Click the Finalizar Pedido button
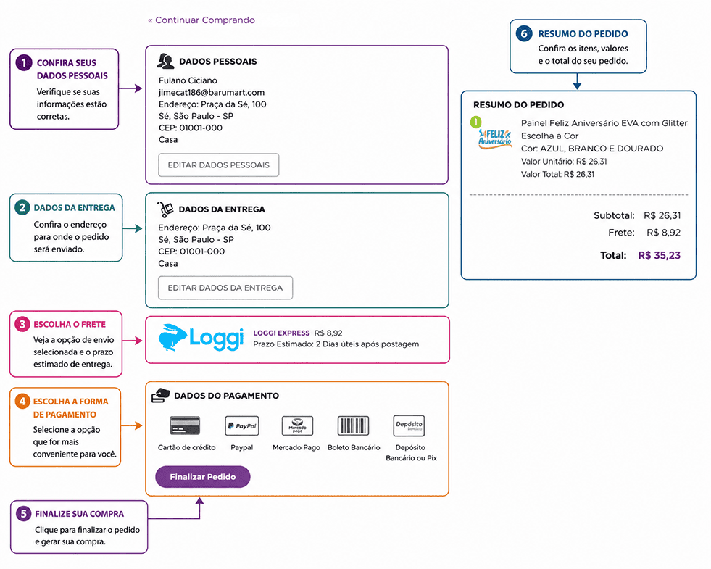[x=203, y=477]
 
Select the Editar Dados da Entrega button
[x=225, y=288]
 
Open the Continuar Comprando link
[x=201, y=20]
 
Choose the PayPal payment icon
[x=241, y=425]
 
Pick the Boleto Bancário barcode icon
[x=353, y=425]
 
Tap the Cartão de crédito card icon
[x=185, y=425]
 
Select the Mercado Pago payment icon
[x=297, y=425]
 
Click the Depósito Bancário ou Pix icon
[x=409, y=425]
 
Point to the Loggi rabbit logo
[x=172, y=338]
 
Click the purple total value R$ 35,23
[x=660, y=256]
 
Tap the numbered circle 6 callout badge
[x=524, y=33]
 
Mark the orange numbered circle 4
[x=22, y=402]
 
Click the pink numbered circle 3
[x=22, y=324]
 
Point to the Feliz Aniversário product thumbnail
[x=495, y=138]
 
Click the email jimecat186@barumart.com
[x=212, y=93]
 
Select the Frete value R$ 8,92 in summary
[x=663, y=233]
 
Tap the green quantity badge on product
[x=475, y=122]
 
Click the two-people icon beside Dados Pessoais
[x=165, y=61]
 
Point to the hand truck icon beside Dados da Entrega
[x=165, y=209]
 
